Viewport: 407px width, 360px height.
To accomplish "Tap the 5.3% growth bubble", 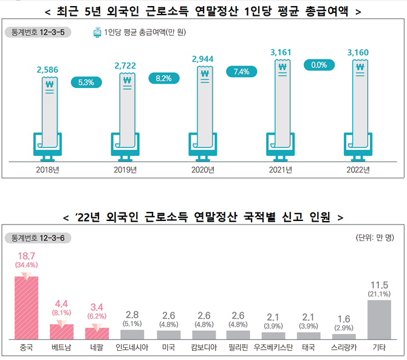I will [86, 82].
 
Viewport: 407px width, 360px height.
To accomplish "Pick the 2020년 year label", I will [203, 169].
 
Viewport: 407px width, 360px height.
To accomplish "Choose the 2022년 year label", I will [357, 169].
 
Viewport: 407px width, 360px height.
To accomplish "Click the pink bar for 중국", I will [26, 307].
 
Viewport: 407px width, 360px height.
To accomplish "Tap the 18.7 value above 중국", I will [26, 256].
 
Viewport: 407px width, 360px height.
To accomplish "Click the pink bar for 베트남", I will [61, 331].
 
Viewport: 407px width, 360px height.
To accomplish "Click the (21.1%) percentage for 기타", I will [379, 294].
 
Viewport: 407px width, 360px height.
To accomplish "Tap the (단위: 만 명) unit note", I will [376, 237].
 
